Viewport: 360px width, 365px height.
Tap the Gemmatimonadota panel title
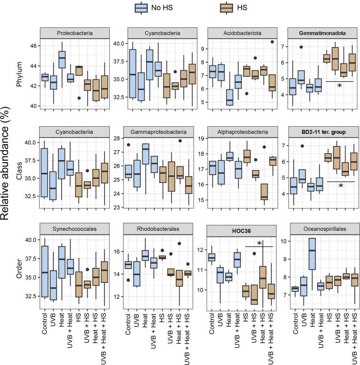(x=318, y=33)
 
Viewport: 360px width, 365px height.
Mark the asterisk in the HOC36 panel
(x=259, y=243)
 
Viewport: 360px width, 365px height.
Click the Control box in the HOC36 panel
(x=212, y=257)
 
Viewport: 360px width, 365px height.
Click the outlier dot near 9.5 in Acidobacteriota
(x=272, y=42)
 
